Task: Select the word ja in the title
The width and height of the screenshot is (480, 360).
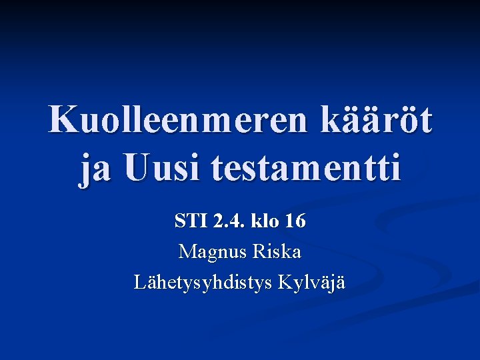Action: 93,168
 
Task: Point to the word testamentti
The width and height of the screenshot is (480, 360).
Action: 307,168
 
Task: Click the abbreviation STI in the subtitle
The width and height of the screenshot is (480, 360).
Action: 189,221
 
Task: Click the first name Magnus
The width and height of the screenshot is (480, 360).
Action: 212,252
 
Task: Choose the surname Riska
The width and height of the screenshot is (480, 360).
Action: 277,252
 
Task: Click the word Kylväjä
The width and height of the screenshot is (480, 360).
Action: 314,283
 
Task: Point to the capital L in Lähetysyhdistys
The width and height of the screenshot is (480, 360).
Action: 140,282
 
